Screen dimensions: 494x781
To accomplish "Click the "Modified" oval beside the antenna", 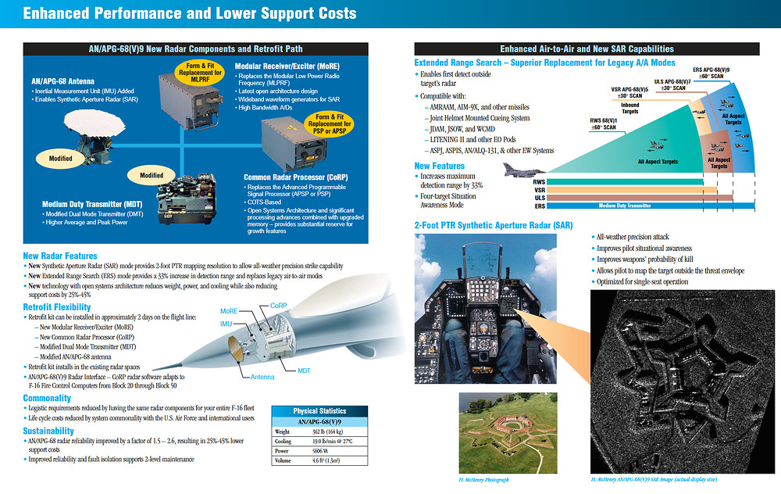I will coord(60,158).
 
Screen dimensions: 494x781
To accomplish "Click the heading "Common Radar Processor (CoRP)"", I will coord(296,177).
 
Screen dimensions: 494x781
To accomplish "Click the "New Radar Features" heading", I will coord(60,256).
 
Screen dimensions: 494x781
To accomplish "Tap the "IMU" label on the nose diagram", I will coord(226,324).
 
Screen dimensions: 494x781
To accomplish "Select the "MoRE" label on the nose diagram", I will coord(229,310).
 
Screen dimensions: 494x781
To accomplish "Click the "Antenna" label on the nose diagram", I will coord(262,378).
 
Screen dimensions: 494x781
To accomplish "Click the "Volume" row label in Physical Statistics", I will coord(282,461).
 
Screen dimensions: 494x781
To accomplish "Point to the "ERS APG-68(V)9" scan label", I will coord(712,73).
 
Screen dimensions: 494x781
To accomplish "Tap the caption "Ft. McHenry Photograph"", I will coord(484,479).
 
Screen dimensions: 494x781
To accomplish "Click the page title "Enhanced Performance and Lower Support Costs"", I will coord(190,13).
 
